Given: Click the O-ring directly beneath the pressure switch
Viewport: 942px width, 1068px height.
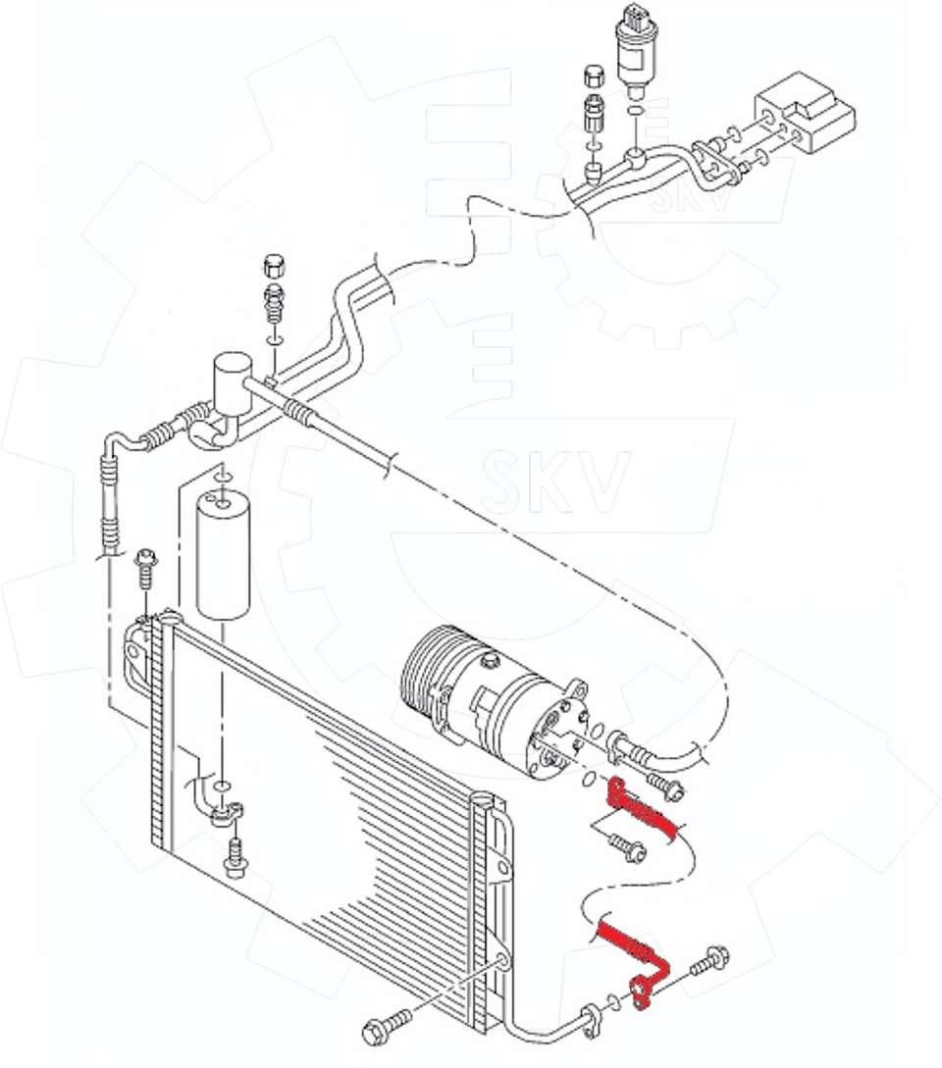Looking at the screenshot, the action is [x=635, y=111].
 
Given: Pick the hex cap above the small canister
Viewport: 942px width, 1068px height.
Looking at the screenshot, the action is [x=274, y=265].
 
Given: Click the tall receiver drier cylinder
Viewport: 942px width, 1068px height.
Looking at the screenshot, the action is [x=224, y=556].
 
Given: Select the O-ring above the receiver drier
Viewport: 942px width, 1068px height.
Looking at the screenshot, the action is [x=222, y=476].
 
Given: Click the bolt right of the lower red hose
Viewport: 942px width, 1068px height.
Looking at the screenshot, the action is [x=709, y=961].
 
